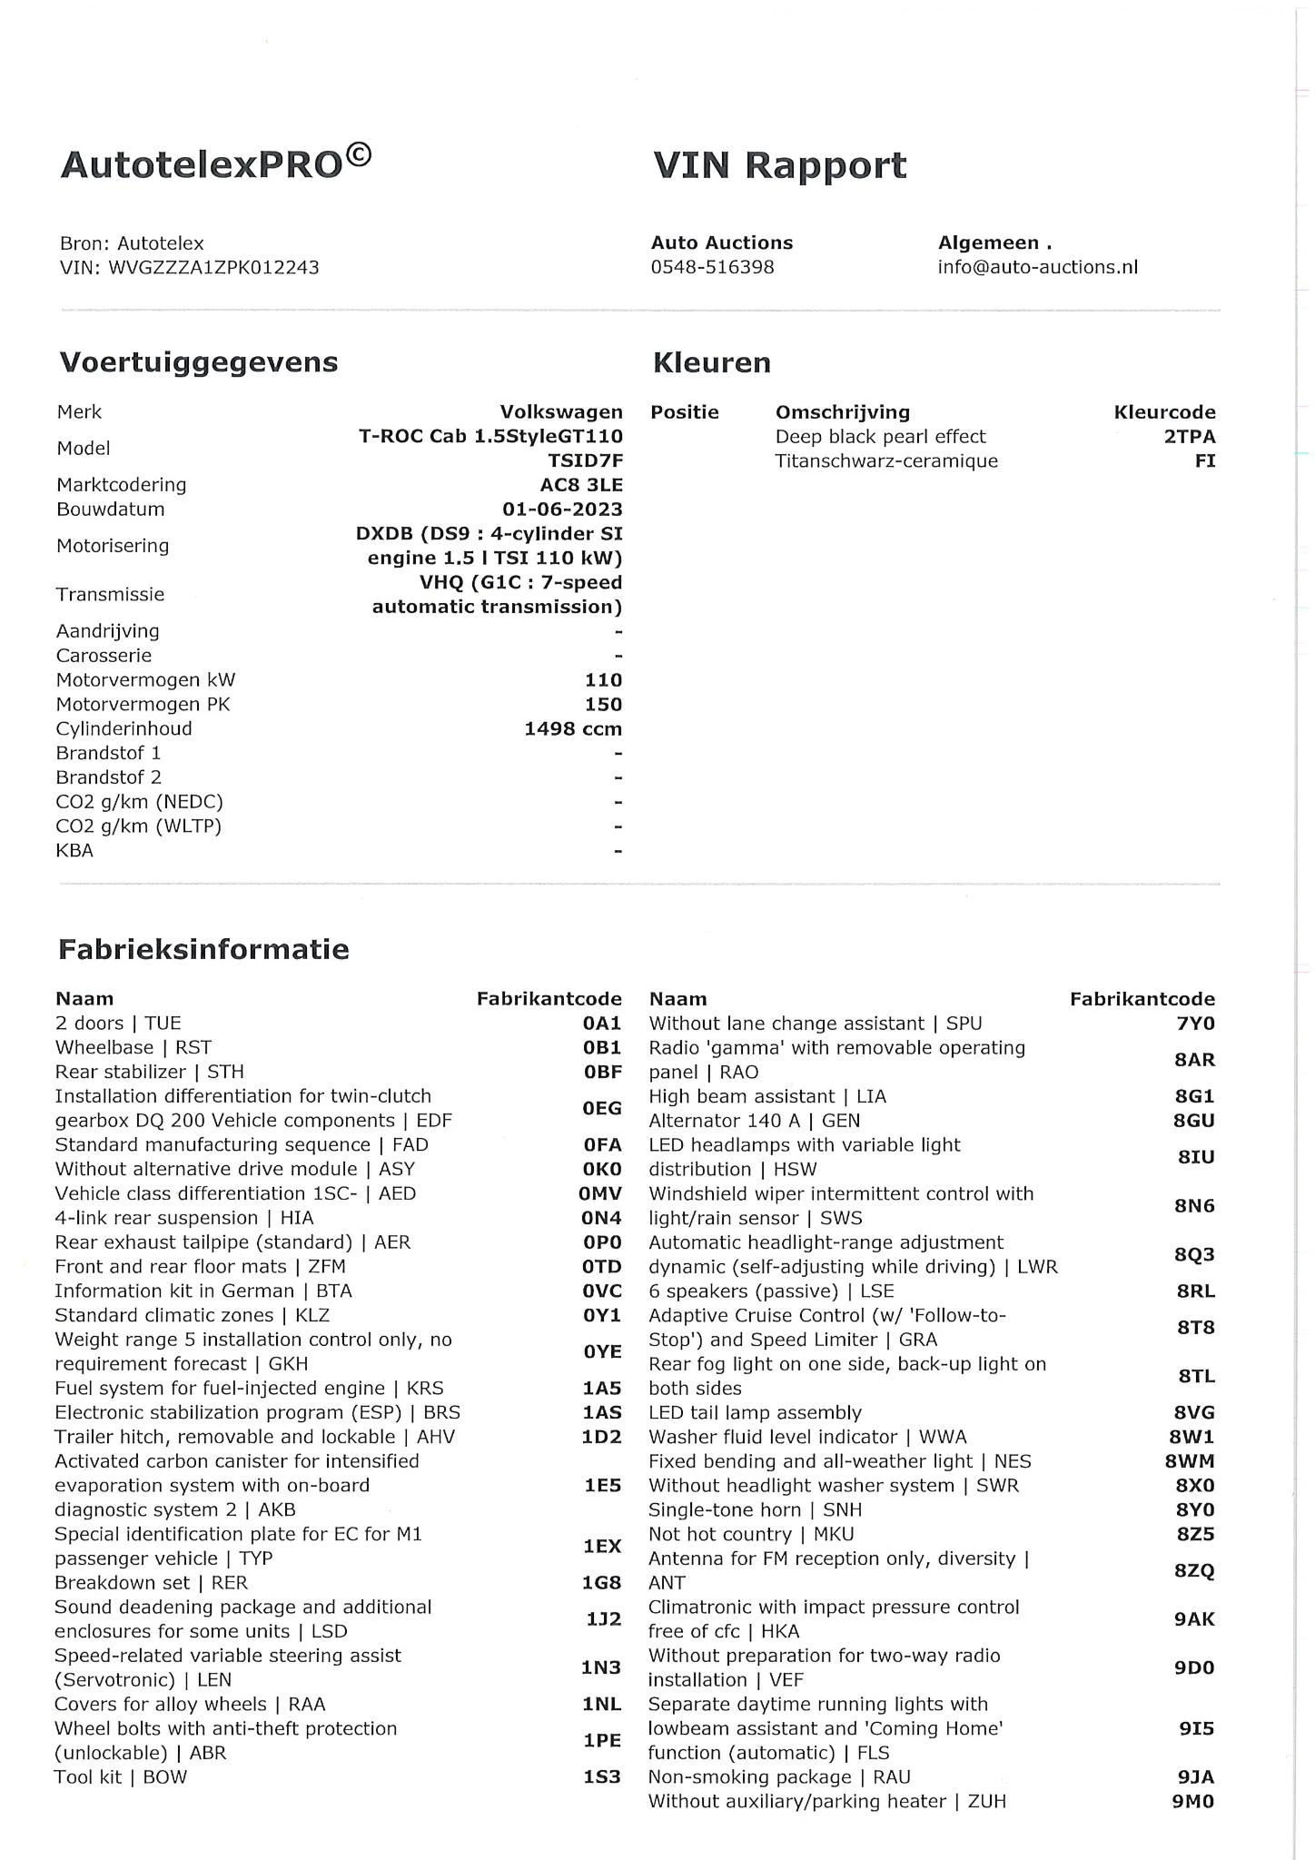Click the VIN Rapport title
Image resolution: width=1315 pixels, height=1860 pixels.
tap(779, 165)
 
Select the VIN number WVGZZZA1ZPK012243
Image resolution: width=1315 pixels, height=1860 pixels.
tap(213, 267)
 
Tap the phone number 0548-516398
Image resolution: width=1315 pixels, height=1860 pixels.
tap(712, 267)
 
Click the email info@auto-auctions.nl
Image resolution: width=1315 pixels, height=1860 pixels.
tap(1037, 267)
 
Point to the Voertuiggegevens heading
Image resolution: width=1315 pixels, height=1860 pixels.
tap(198, 362)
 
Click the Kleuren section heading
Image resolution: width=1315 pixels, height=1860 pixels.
tap(711, 363)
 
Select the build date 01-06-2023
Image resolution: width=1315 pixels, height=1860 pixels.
tap(562, 510)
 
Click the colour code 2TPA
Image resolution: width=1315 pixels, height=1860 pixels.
tap(1189, 437)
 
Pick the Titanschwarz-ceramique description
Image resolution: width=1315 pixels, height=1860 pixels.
tap(885, 461)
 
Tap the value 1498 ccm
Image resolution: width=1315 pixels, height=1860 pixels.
tap(572, 729)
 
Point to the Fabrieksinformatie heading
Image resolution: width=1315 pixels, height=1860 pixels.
tap(203, 950)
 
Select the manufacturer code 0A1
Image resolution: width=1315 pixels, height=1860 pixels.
tap(602, 1024)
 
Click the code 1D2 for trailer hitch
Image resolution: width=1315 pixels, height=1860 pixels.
tap(601, 1437)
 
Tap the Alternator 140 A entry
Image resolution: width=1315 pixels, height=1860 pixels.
tap(754, 1121)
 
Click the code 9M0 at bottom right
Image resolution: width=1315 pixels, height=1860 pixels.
tap(1192, 1802)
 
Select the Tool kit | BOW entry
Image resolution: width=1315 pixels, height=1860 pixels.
tap(121, 1777)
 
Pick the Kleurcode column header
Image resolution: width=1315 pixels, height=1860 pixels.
tap(1164, 412)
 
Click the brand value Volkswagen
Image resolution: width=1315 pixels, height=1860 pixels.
tap(561, 412)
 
